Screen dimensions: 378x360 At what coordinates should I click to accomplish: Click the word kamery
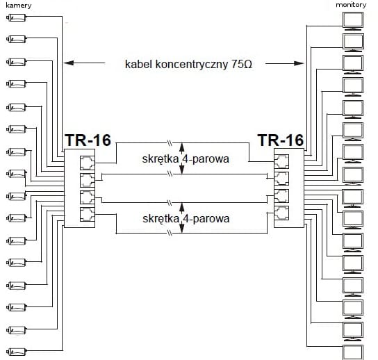coord(19,6)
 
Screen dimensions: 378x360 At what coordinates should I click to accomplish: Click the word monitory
coord(351,5)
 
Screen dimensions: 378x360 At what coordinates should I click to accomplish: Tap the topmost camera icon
coord(16,17)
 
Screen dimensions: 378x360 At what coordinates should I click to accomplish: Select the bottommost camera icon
coord(16,352)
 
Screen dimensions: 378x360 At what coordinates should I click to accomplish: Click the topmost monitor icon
coord(353,21)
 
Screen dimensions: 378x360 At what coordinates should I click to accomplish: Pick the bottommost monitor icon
coord(353,352)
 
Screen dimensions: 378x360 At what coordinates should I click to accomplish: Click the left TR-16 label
coord(88,140)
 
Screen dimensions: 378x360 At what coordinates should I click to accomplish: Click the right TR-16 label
coord(281,140)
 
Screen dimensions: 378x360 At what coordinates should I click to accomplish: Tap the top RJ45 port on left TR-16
coord(88,163)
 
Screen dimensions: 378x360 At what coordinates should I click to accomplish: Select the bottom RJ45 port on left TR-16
coord(88,214)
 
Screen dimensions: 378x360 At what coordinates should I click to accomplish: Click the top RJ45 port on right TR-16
coord(281,161)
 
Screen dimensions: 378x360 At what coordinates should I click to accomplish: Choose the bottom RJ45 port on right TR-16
coord(281,213)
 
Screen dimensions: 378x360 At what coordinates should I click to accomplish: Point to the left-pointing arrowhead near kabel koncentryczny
coord(69,63)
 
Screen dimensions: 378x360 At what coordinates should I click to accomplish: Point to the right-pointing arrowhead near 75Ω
coord(299,63)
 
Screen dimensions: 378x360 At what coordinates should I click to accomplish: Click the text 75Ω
coord(242,64)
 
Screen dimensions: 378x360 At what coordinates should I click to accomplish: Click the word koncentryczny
coord(192,65)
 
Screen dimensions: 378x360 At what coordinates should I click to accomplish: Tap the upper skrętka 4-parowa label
coord(186,159)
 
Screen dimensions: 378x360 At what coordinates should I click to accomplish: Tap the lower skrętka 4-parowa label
coord(186,219)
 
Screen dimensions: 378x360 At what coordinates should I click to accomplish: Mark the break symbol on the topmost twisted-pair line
coord(170,143)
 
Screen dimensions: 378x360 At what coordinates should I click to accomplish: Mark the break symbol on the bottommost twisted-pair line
coord(170,234)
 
